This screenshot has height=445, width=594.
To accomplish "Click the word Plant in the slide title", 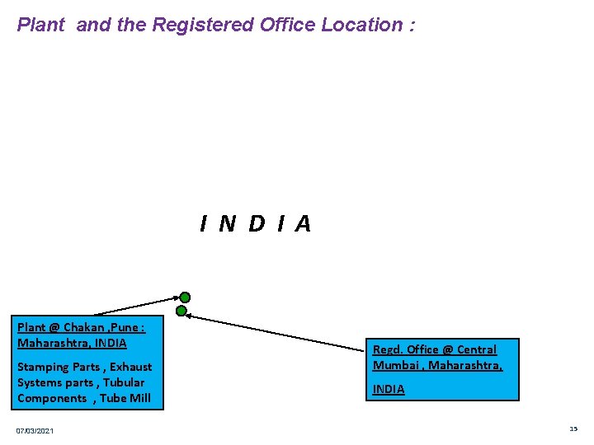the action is coord(40,25).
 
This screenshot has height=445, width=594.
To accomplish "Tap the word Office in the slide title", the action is coord(288,25).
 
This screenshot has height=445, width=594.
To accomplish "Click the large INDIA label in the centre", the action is coord(256,223).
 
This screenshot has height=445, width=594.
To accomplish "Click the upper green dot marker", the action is coord(186,297).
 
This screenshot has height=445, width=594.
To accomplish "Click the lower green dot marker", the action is coord(181,311).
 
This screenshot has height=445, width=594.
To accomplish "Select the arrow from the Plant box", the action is coord(136,305).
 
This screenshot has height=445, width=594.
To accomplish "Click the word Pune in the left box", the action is coord(125,327).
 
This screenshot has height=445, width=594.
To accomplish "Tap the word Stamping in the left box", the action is coord(43,367).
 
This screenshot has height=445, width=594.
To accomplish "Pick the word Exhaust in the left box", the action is coord(130,367).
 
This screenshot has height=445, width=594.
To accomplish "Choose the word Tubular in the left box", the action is coord(123,382).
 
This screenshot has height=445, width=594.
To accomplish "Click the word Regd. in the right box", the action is coord(389,349).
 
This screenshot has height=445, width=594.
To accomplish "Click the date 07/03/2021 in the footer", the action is coord(35,431).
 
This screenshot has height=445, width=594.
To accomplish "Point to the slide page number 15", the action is coord(573,429).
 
